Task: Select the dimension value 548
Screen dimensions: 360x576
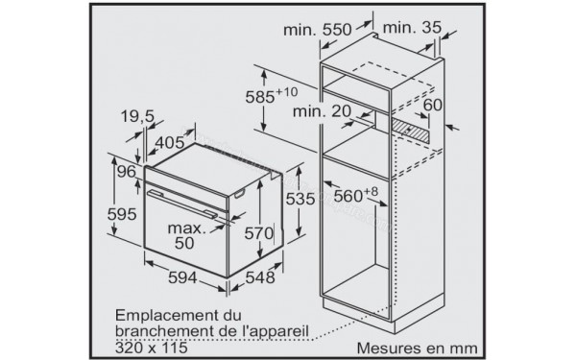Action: [253, 276]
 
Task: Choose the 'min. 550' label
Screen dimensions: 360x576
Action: [319, 31]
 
